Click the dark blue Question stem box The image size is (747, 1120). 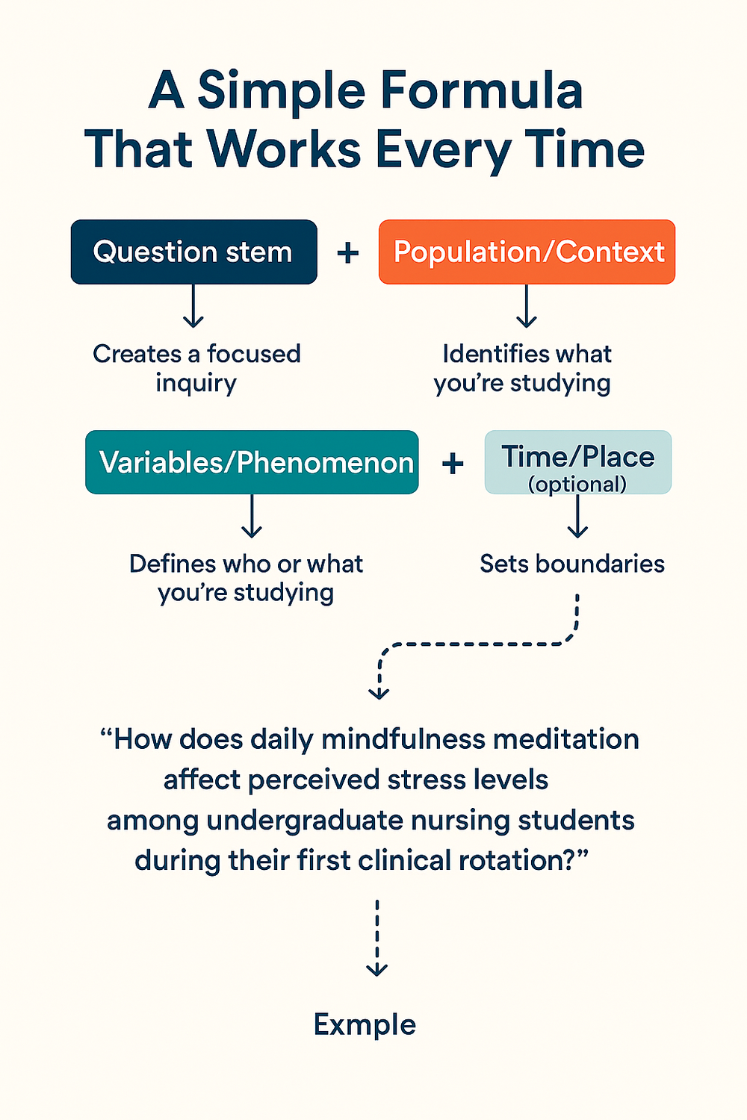pos(193,252)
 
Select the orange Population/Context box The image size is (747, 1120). pos(527,252)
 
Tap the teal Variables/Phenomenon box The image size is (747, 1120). pos(252,462)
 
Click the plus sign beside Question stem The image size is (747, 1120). pos(348,252)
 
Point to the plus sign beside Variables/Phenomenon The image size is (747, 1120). pos(453,464)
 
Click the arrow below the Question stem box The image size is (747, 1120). pos(193,306)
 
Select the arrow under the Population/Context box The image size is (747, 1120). pos(527,306)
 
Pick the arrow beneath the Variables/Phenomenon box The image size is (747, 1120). pos(252,517)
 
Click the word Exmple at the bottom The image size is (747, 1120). pos(365,1024)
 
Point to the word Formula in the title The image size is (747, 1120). pos(481,91)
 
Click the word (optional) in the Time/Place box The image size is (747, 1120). pos(577,484)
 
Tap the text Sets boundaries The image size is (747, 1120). pos(572,564)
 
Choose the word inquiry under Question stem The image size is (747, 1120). pos(196,383)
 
